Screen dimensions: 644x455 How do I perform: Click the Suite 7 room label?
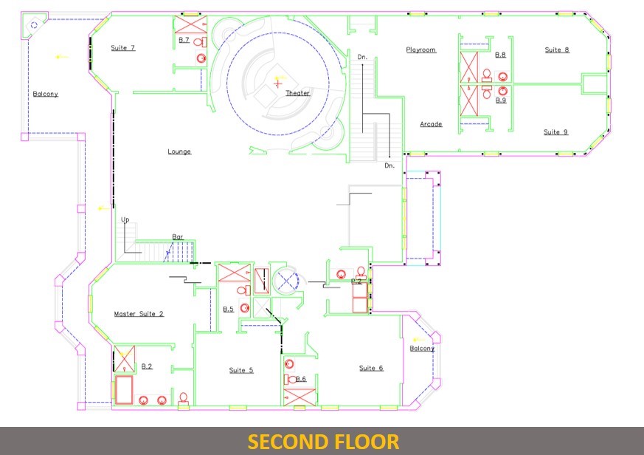tap(122, 48)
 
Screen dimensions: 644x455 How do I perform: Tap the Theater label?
tap(298, 93)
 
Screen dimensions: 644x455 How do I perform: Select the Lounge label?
tap(179, 152)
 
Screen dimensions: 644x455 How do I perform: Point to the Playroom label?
tap(421, 50)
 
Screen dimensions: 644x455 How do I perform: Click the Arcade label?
tap(431, 124)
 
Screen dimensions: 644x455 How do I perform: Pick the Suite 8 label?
tap(557, 50)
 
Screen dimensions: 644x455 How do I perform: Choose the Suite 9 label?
tap(555, 132)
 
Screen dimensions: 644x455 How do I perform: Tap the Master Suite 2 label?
tap(139, 314)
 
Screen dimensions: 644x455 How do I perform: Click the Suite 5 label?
tap(241, 370)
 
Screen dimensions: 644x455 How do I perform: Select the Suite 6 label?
tap(371, 368)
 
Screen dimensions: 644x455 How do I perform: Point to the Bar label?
tap(178, 237)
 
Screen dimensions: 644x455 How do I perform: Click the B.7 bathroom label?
tap(184, 41)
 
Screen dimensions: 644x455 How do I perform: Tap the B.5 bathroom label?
tap(229, 309)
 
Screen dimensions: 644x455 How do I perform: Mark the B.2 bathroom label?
tap(147, 366)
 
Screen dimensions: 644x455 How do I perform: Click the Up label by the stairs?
tap(125, 220)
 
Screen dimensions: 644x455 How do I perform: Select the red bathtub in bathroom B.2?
tap(124, 389)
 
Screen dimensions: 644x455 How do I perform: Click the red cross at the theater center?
tap(278, 84)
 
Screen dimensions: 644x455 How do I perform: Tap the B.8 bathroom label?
tap(500, 55)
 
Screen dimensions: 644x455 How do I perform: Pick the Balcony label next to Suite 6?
tap(422, 349)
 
